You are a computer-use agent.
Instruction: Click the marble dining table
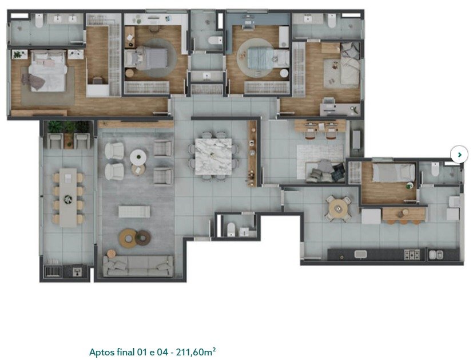coord(213,157)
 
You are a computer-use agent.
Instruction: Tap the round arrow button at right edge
coord(459,155)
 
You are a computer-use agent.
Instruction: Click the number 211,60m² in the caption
coord(196,352)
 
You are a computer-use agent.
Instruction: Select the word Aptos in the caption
coord(102,353)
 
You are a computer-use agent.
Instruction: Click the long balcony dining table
coord(69,197)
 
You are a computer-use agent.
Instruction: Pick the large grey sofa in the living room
coord(138,266)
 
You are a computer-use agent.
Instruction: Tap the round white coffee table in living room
coord(138,157)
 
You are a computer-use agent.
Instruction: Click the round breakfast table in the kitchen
coord(339,208)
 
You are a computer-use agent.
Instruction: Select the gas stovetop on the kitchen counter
coord(412,254)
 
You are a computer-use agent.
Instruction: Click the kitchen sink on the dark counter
coord(360,254)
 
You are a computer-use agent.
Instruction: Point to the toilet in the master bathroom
coord(39,21)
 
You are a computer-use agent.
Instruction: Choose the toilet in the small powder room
coord(231,230)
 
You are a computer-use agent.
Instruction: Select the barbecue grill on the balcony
coord(52,271)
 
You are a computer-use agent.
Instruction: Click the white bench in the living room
coord(134,212)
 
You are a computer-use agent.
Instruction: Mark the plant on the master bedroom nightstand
coord(19,54)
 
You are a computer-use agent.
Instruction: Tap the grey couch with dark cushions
coord(325,172)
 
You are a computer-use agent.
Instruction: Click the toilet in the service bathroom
coord(435,169)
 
